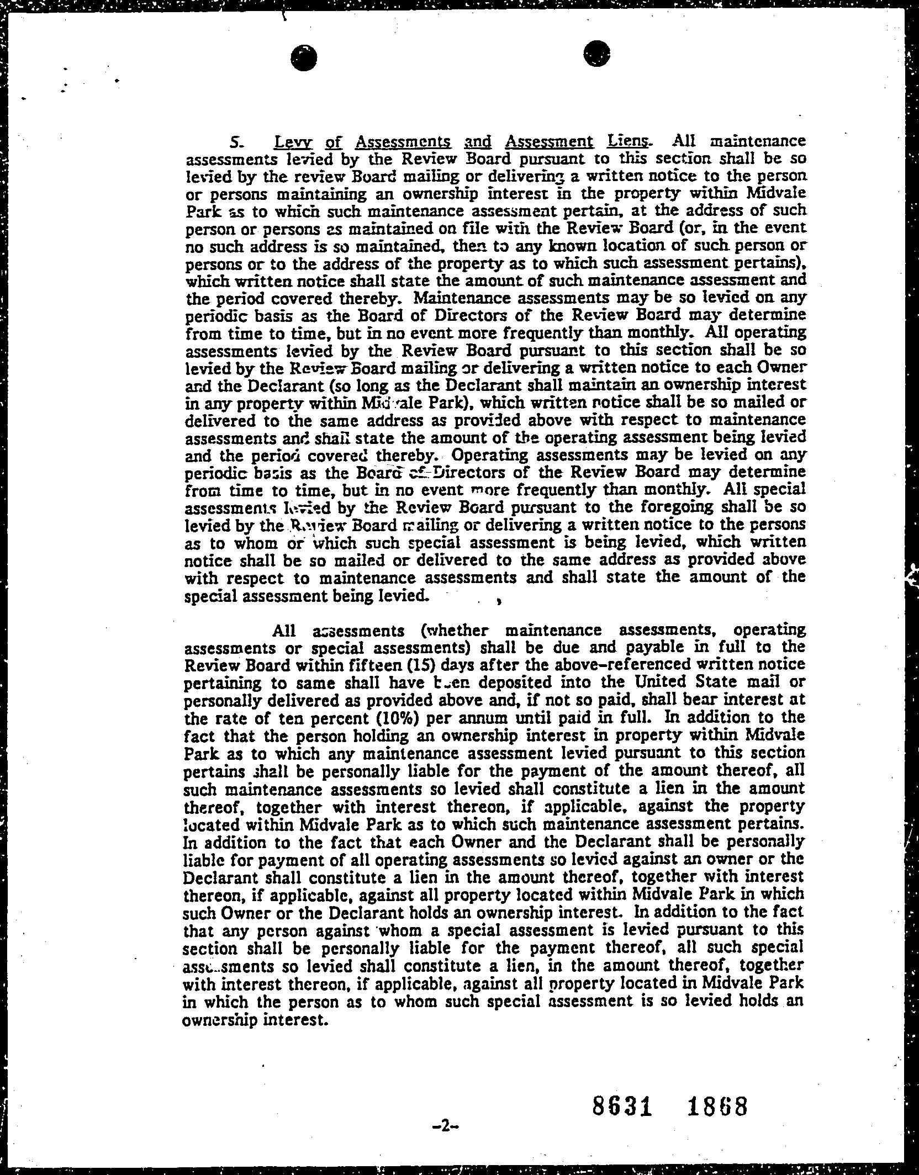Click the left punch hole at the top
[x=305, y=57]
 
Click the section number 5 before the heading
[x=234, y=143]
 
